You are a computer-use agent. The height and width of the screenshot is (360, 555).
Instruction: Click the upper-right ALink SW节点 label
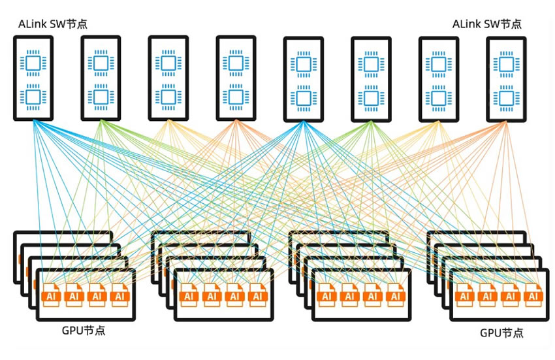(x=487, y=24)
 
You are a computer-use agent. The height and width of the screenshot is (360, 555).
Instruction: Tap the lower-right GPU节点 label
(x=501, y=333)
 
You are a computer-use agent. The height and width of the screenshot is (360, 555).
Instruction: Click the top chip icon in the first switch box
(x=33, y=63)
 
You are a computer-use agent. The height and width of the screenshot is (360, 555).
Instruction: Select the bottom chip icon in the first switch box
(x=33, y=97)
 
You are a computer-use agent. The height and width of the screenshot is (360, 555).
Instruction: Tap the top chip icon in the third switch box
(x=168, y=63)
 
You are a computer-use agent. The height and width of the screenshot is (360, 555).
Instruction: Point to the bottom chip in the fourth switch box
(x=236, y=97)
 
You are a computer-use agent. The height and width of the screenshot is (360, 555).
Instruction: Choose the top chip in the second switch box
(x=101, y=63)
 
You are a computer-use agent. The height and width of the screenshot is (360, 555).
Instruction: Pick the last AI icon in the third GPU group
(x=394, y=296)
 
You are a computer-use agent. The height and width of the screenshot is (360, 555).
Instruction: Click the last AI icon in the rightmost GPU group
(x=533, y=296)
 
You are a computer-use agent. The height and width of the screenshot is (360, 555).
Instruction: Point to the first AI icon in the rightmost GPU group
(x=466, y=296)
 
